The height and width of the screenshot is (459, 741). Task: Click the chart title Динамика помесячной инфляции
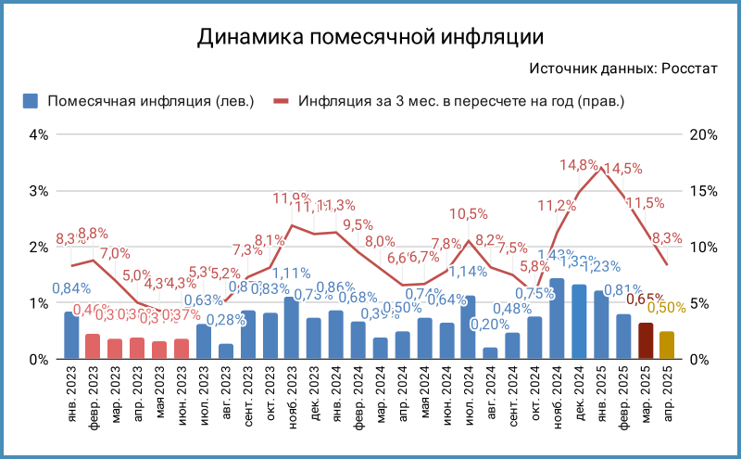[370, 38]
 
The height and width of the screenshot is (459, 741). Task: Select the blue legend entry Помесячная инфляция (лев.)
[139, 101]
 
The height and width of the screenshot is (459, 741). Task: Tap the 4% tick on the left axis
[38, 134]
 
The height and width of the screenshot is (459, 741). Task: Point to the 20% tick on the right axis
[704, 134]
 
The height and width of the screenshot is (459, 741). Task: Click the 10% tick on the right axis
[704, 248]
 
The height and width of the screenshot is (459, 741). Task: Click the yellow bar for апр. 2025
[667, 345]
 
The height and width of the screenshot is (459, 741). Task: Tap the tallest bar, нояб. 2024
[557, 319]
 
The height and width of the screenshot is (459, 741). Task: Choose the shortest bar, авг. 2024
[490, 353]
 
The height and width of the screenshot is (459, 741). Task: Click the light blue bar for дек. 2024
[579, 322]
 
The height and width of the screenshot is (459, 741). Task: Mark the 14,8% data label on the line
[579, 165]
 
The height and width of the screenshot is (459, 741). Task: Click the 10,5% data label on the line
[469, 214]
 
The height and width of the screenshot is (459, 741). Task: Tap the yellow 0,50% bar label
[667, 307]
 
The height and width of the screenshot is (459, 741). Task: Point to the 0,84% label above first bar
[71, 288]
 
